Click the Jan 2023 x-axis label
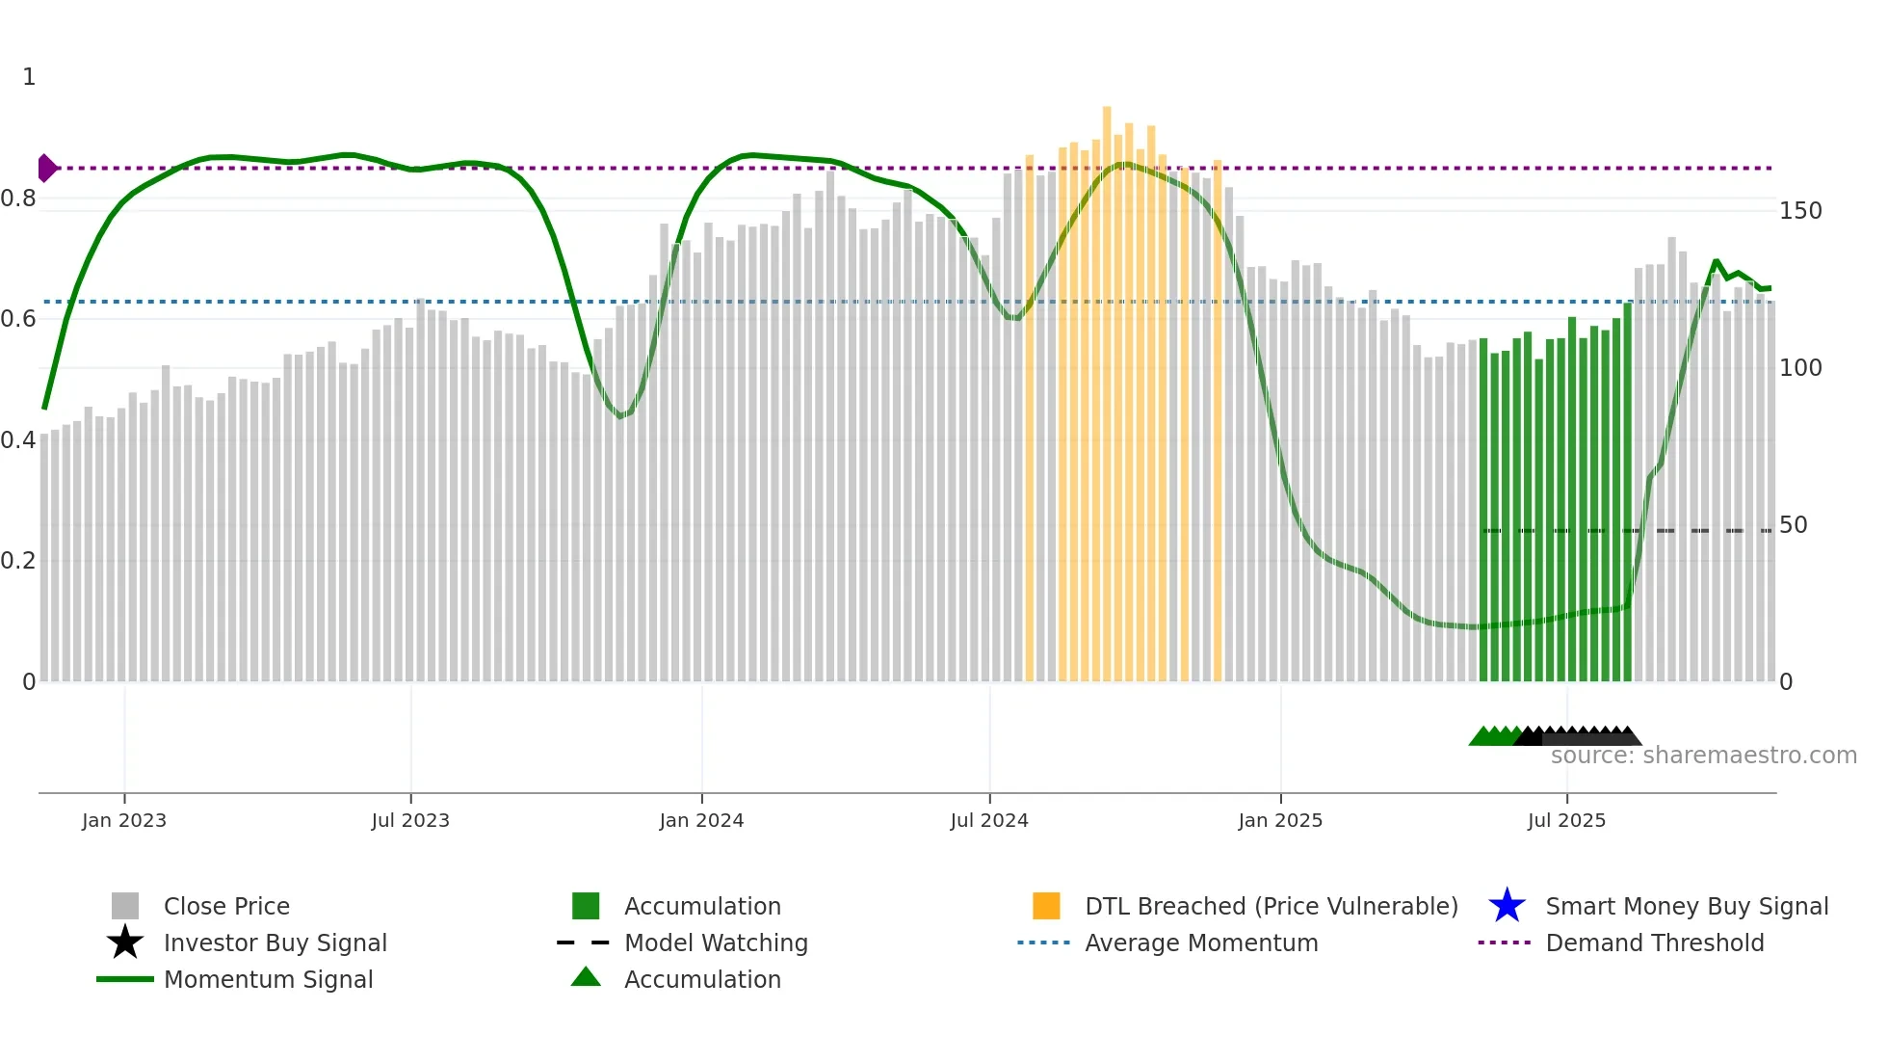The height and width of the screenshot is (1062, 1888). coord(124,820)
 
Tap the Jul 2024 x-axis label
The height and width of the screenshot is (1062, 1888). coord(989,820)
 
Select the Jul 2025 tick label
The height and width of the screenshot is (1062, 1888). coord(1566,820)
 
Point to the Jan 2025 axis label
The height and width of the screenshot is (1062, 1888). coord(1280,820)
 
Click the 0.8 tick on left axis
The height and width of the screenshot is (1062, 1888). coord(18,199)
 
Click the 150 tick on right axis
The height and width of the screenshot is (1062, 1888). coord(1800,211)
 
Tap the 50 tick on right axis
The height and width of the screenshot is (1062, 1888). coord(1793,525)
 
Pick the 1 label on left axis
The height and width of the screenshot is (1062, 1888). coord(29,77)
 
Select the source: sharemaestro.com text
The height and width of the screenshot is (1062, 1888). coord(1703,756)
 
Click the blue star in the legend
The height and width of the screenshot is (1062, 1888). coord(1507,906)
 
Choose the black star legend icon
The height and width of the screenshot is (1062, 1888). coord(125,943)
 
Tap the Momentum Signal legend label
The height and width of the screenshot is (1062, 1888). coord(268,979)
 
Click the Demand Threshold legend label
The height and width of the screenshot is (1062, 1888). coord(1654,943)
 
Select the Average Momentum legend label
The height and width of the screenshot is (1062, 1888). coord(1201,943)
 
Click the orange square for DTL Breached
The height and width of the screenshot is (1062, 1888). coord(1046,906)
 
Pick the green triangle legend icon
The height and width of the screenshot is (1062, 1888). coord(586,977)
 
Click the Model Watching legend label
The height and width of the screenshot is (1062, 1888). coord(716,943)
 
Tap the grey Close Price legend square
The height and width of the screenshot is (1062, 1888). coord(125,906)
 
